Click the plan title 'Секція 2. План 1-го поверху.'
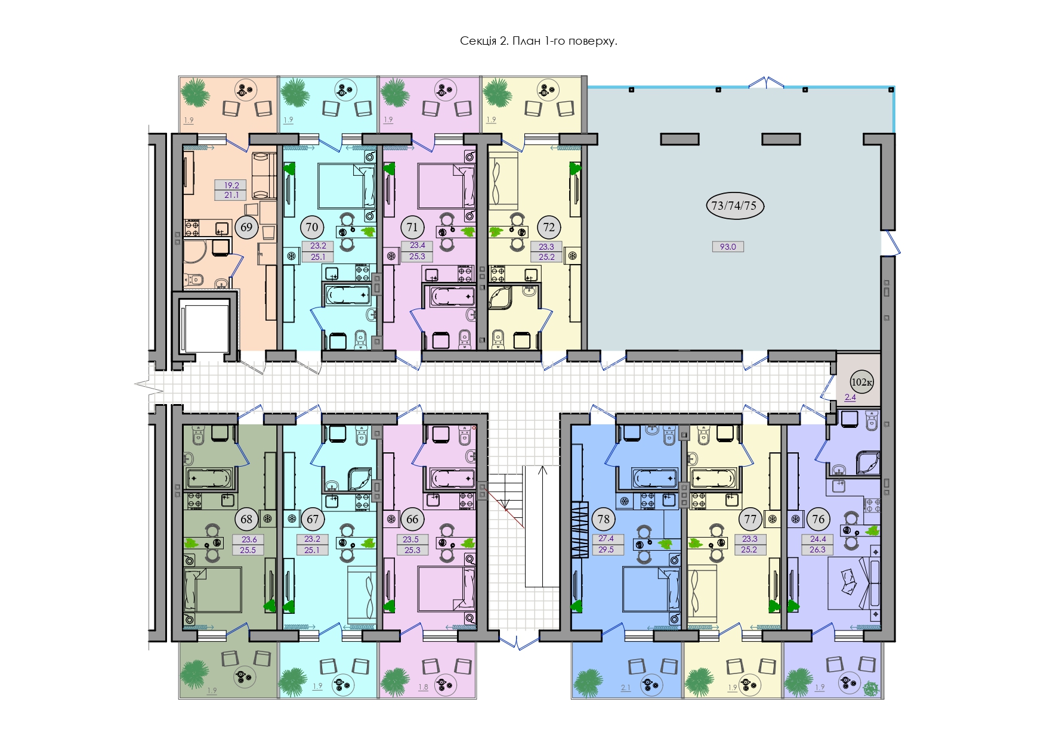538,41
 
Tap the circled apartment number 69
246,227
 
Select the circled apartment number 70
311,227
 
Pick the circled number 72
549,227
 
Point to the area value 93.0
728,247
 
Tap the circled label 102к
861,382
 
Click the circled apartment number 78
604,519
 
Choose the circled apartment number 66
412,519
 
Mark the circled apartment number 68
246,519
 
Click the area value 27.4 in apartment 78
606,539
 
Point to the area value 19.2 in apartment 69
231,185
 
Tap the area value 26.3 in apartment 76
817,549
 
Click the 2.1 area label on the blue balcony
625,688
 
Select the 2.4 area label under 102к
850,398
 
